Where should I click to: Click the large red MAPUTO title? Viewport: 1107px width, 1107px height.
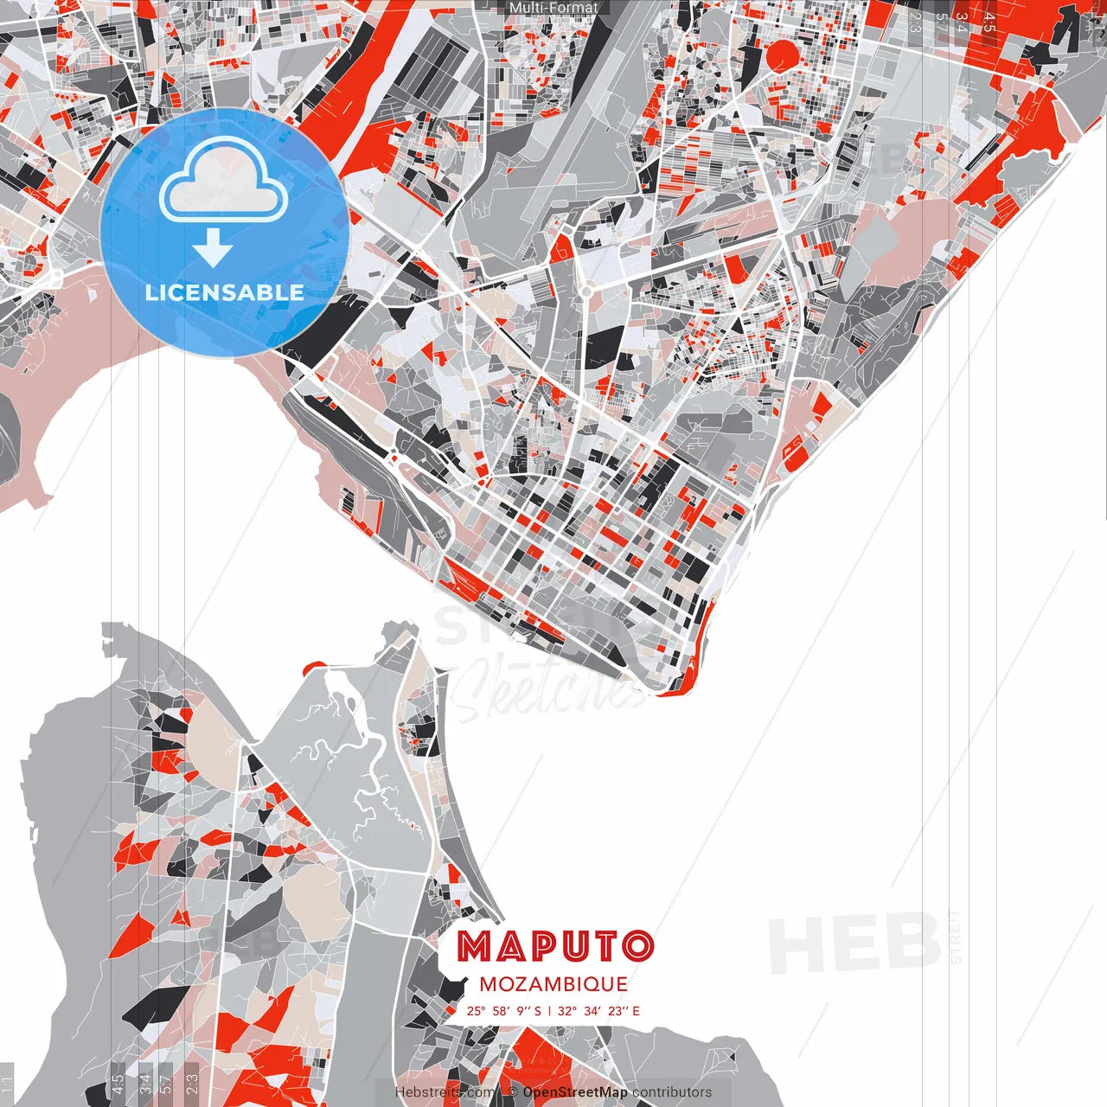[555, 947]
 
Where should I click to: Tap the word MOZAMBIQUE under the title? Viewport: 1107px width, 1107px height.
[553, 984]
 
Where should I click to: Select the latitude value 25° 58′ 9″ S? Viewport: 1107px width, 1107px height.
[504, 1010]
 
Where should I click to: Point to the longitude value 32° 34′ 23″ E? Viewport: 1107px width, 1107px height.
[598, 1010]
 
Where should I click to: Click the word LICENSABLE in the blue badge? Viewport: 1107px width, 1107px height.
[225, 292]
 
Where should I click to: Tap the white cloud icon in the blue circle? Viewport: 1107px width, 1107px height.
[224, 180]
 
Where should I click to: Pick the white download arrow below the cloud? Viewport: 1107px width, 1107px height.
[213, 248]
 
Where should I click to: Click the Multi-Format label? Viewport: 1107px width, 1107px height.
[553, 8]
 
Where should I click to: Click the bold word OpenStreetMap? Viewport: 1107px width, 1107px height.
[575, 1092]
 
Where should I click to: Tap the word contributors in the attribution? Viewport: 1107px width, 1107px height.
[672, 1092]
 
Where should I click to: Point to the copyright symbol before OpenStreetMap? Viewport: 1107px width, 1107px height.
[513, 1092]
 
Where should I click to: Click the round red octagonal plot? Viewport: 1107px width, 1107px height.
[783, 56]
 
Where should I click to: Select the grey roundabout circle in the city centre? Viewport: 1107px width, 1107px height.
[585, 292]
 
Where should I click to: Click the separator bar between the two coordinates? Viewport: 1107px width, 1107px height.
[550, 1010]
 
